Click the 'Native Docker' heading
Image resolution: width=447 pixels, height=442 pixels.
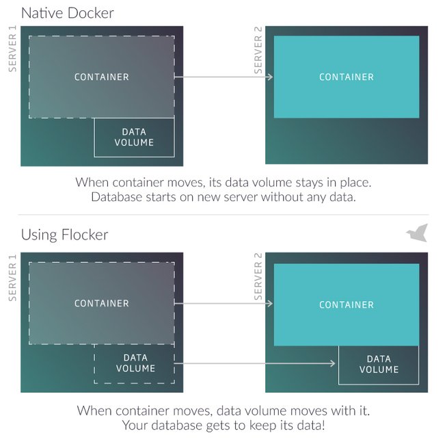(x=67, y=12)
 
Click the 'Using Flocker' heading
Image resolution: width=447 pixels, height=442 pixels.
(x=64, y=235)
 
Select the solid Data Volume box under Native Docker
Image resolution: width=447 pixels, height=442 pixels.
(x=134, y=138)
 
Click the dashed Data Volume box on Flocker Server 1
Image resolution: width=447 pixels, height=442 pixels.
(x=135, y=363)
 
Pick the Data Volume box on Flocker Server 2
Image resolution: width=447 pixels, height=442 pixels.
(x=378, y=364)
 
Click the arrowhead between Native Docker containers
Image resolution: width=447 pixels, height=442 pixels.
(x=270, y=77)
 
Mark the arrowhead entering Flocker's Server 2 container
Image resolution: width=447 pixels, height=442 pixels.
(x=270, y=303)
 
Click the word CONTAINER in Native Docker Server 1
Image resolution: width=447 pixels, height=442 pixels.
(x=101, y=77)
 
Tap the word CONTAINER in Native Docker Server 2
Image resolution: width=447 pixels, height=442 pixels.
(x=347, y=77)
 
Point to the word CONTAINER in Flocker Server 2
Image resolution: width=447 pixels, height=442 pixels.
(x=347, y=304)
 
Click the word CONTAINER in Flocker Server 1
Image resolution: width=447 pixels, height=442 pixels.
(x=101, y=303)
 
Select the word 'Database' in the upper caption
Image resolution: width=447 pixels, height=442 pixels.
(x=118, y=197)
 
